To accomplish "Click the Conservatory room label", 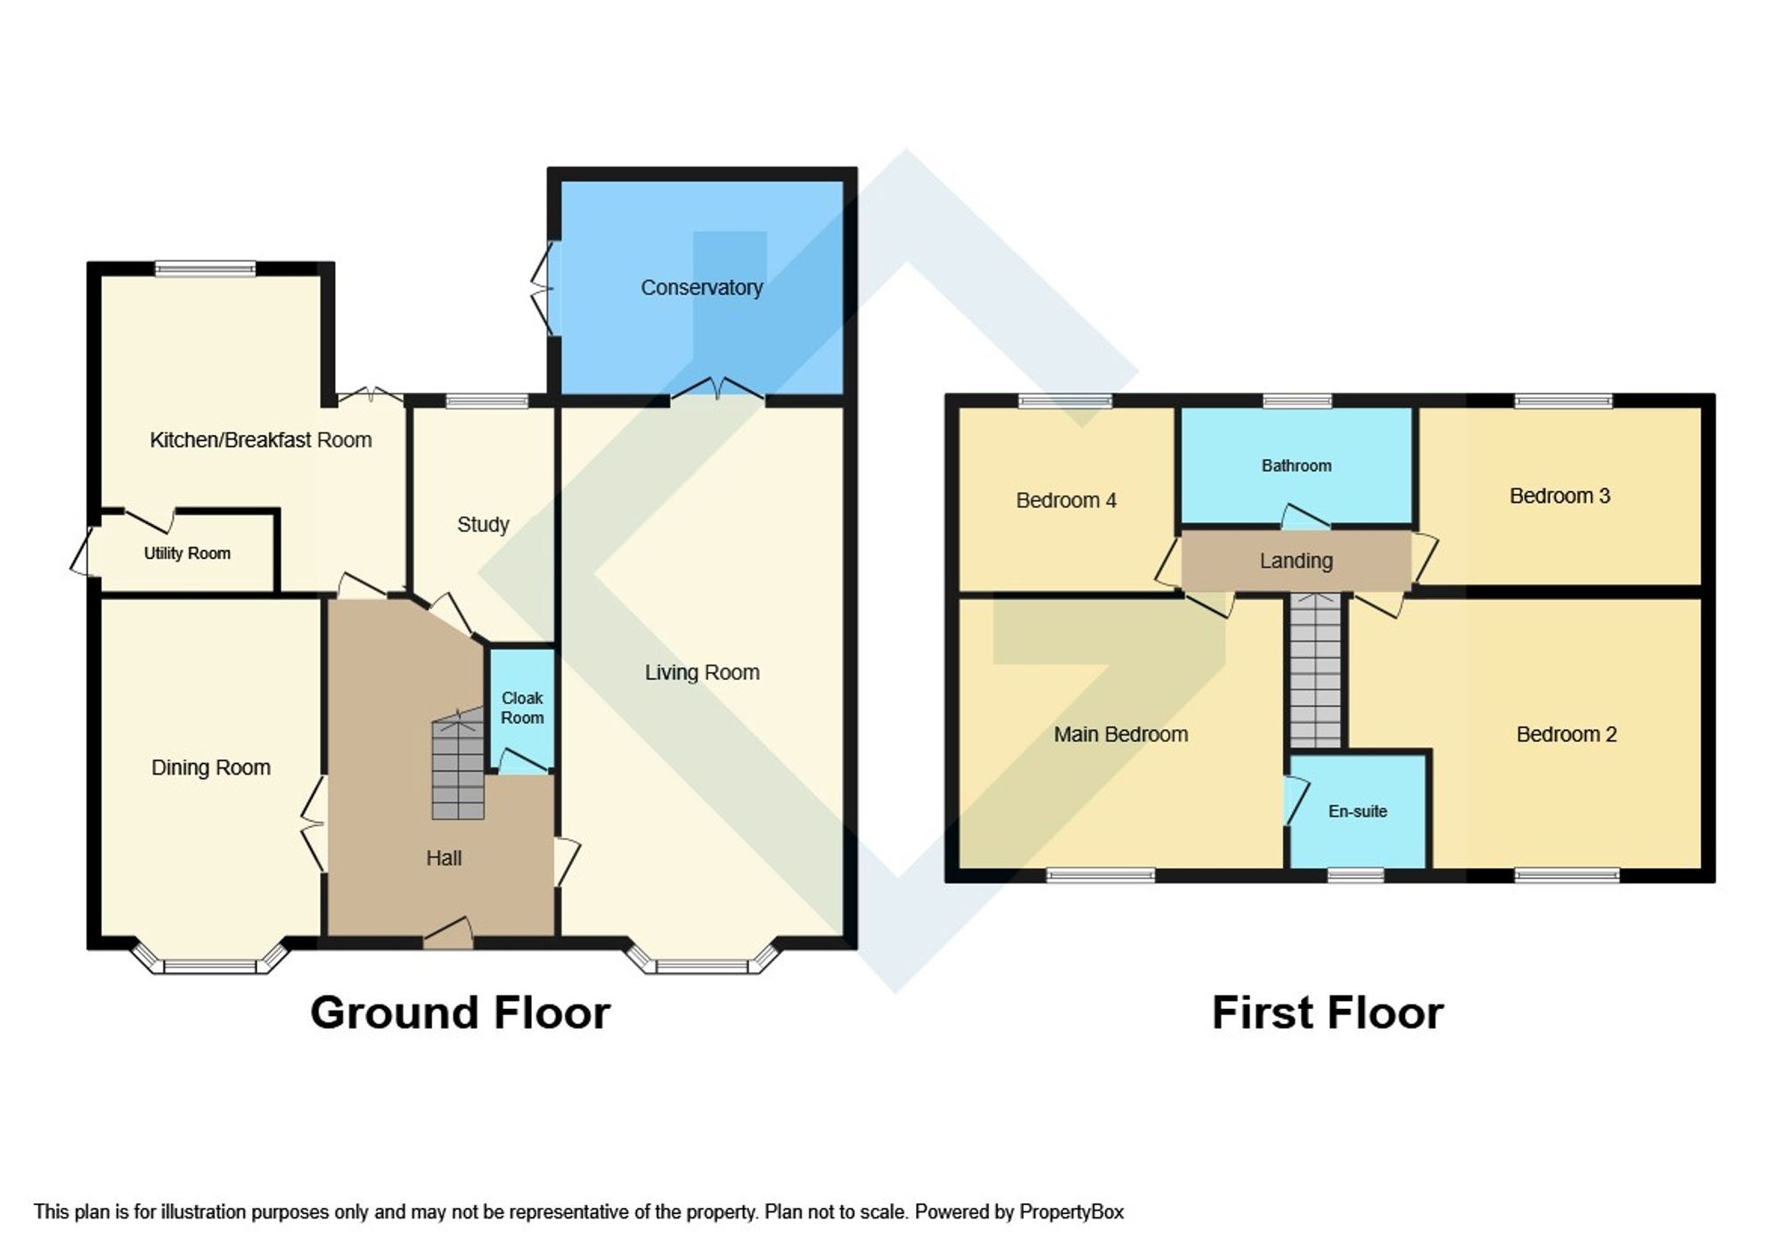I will coord(701,287).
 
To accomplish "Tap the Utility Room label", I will coord(187,554).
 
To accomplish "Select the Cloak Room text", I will coord(522,708).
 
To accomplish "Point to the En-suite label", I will coord(1357,811).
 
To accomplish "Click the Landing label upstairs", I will coord(1296,561).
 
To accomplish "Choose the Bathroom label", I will coord(1296,465).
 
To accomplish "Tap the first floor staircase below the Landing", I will coord(1315,671).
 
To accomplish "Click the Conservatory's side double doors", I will coord(542,288).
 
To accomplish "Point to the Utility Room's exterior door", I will coord(82,552).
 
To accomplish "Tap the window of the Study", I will coord(486,401).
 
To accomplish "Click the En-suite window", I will coord(1355,875).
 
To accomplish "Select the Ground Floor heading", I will coord(460,1013).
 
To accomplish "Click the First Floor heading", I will coord(1327,1013).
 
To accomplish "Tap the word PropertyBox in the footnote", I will coord(1071,1212).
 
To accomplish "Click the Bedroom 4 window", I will coord(1066,401).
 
